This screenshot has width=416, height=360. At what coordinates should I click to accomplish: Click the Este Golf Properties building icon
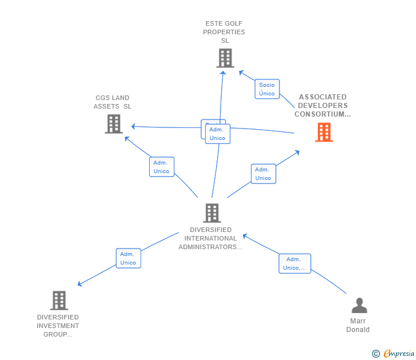click(x=225, y=58)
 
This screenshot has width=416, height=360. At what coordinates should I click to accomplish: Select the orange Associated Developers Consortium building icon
click(x=324, y=133)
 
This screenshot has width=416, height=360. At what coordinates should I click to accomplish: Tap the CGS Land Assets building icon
click(x=114, y=123)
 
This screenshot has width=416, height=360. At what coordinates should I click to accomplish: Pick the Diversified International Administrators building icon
click(x=212, y=213)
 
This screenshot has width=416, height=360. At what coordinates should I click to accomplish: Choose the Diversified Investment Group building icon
click(x=59, y=300)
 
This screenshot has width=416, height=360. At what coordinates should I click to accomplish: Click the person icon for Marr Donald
click(x=359, y=306)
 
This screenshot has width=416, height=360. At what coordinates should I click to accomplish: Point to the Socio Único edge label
click(x=267, y=89)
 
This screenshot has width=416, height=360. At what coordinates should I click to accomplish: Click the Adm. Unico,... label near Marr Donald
click(x=295, y=263)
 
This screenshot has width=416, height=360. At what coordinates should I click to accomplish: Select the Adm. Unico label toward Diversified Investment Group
click(x=128, y=258)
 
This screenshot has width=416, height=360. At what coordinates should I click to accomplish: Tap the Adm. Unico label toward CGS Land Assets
click(x=162, y=167)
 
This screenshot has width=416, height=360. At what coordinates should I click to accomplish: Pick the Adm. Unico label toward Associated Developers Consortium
click(x=263, y=174)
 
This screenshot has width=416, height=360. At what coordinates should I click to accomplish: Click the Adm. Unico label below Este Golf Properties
click(x=217, y=134)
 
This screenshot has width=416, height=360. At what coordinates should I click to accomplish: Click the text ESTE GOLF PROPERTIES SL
click(x=224, y=32)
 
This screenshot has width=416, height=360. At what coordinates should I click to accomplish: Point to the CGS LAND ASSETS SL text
click(x=113, y=102)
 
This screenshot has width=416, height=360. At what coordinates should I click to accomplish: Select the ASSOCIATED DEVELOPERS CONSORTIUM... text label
click(x=323, y=106)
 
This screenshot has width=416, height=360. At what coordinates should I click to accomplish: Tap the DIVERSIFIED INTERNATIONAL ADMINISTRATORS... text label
click(x=211, y=238)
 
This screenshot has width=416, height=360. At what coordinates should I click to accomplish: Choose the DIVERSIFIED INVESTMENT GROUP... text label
click(x=58, y=326)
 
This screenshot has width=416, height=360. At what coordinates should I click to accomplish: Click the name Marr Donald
click(x=358, y=325)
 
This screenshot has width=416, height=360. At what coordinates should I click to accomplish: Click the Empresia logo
click(x=399, y=354)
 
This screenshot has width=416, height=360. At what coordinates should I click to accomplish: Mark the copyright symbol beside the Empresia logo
click(x=376, y=354)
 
